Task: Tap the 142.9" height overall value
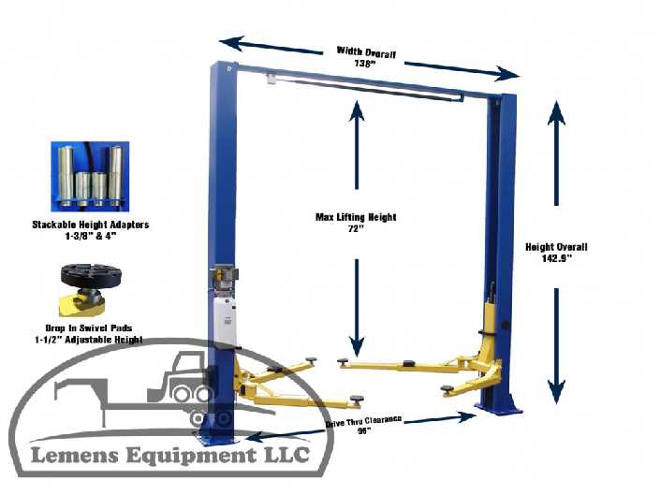(556, 258)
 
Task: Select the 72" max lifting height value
(355, 228)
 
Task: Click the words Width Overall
(367, 51)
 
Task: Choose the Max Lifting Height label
(356, 217)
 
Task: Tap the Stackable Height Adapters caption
(90, 225)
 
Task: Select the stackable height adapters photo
(91, 174)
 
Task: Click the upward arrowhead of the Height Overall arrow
(556, 111)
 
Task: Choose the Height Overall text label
(556, 247)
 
